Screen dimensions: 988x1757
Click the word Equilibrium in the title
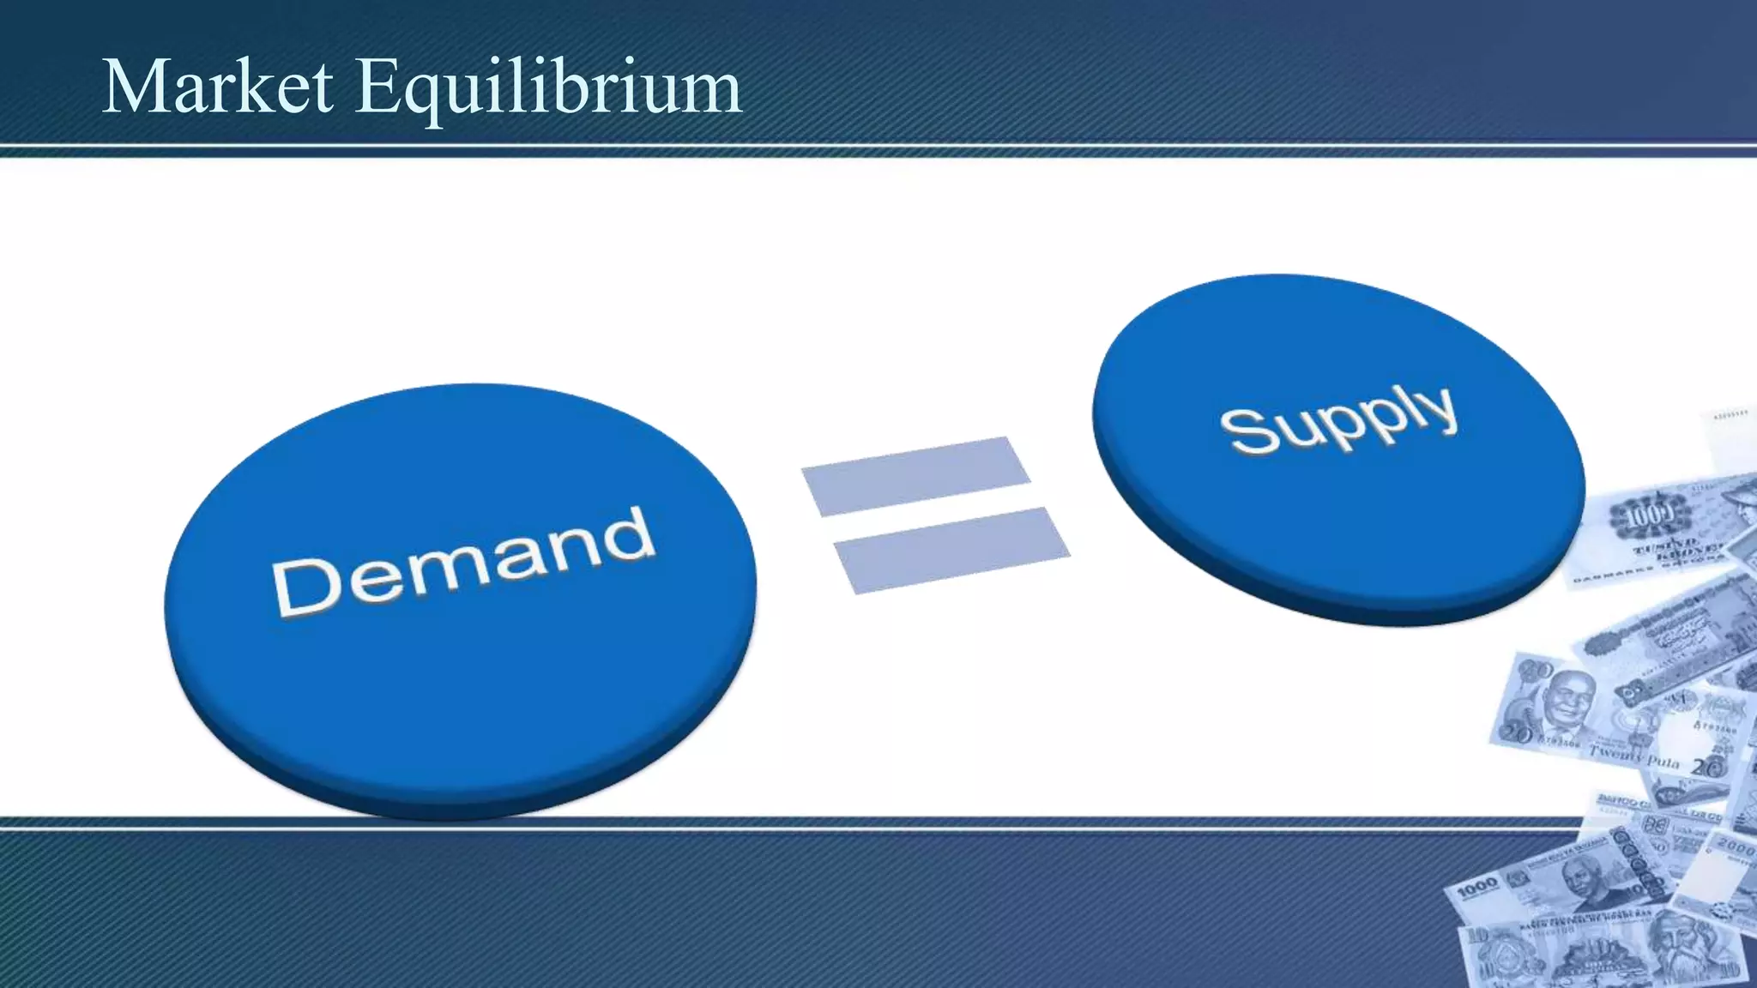[x=549, y=88]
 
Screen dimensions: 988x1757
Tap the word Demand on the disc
[x=463, y=562]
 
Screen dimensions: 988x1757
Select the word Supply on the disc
[x=1338, y=418]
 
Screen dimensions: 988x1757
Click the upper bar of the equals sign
[x=915, y=476]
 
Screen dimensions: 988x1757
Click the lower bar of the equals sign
[x=951, y=550]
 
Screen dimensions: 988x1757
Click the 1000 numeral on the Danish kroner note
[x=1649, y=515]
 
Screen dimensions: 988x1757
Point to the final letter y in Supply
[x=1441, y=410]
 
